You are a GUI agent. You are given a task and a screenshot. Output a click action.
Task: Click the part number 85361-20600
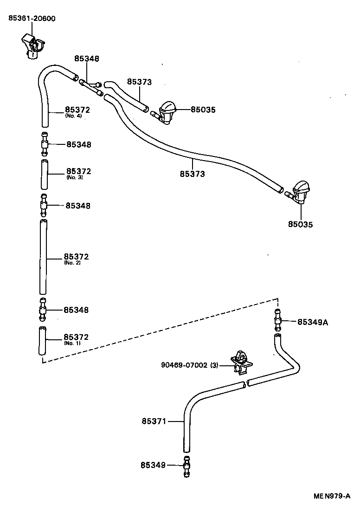32,19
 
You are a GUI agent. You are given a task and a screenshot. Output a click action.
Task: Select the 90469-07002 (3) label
190,365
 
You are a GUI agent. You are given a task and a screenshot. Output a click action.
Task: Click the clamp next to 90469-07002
240,363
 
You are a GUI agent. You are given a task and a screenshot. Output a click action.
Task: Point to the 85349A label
312,322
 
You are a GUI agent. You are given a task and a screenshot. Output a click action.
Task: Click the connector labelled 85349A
277,321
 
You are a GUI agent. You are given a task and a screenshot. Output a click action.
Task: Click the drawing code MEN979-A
331,496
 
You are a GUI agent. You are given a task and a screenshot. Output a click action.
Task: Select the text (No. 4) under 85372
73,116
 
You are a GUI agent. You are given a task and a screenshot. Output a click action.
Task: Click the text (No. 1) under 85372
72,343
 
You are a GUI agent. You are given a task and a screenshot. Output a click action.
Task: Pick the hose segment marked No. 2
43,259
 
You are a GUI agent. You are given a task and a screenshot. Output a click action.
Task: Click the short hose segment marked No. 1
43,341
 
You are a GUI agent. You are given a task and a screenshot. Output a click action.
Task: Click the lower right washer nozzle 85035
299,193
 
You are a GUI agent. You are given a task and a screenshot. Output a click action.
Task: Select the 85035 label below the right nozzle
300,224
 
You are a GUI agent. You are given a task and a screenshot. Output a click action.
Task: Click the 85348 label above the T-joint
87,59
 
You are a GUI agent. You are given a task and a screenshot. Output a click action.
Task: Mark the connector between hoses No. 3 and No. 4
44,144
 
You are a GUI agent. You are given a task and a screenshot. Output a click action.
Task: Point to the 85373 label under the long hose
193,174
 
